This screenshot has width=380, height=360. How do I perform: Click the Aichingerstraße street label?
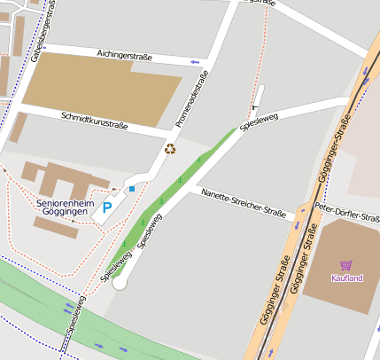124,57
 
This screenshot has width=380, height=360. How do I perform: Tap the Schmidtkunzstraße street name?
95,121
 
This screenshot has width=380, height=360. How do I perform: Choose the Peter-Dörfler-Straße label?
347,212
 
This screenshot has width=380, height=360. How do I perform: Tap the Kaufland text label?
346,278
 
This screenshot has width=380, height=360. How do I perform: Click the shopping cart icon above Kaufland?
346,265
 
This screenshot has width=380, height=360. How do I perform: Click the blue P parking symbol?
107,208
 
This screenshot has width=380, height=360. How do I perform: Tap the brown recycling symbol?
170,148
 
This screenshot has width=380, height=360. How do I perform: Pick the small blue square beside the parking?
132,188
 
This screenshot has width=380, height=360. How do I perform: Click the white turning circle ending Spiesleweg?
120,283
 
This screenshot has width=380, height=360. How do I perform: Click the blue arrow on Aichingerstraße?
195,63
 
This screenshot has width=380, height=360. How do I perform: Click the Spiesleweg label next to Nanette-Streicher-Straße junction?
117,265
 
